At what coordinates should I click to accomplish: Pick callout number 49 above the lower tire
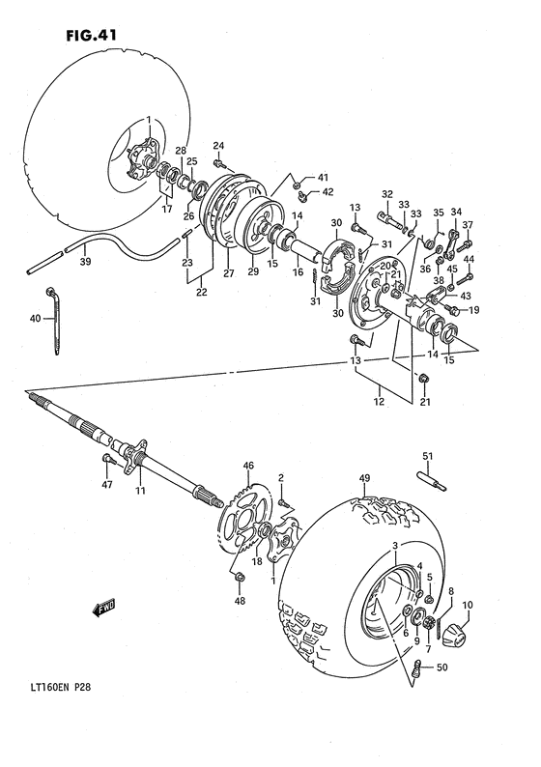point(364,478)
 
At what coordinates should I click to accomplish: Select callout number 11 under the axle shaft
point(140,492)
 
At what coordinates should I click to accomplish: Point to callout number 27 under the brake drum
point(228,273)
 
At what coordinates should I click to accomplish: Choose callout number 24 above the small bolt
point(218,146)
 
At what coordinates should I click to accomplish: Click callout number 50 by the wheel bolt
point(442,668)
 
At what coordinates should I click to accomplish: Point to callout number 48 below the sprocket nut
point(241,601)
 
